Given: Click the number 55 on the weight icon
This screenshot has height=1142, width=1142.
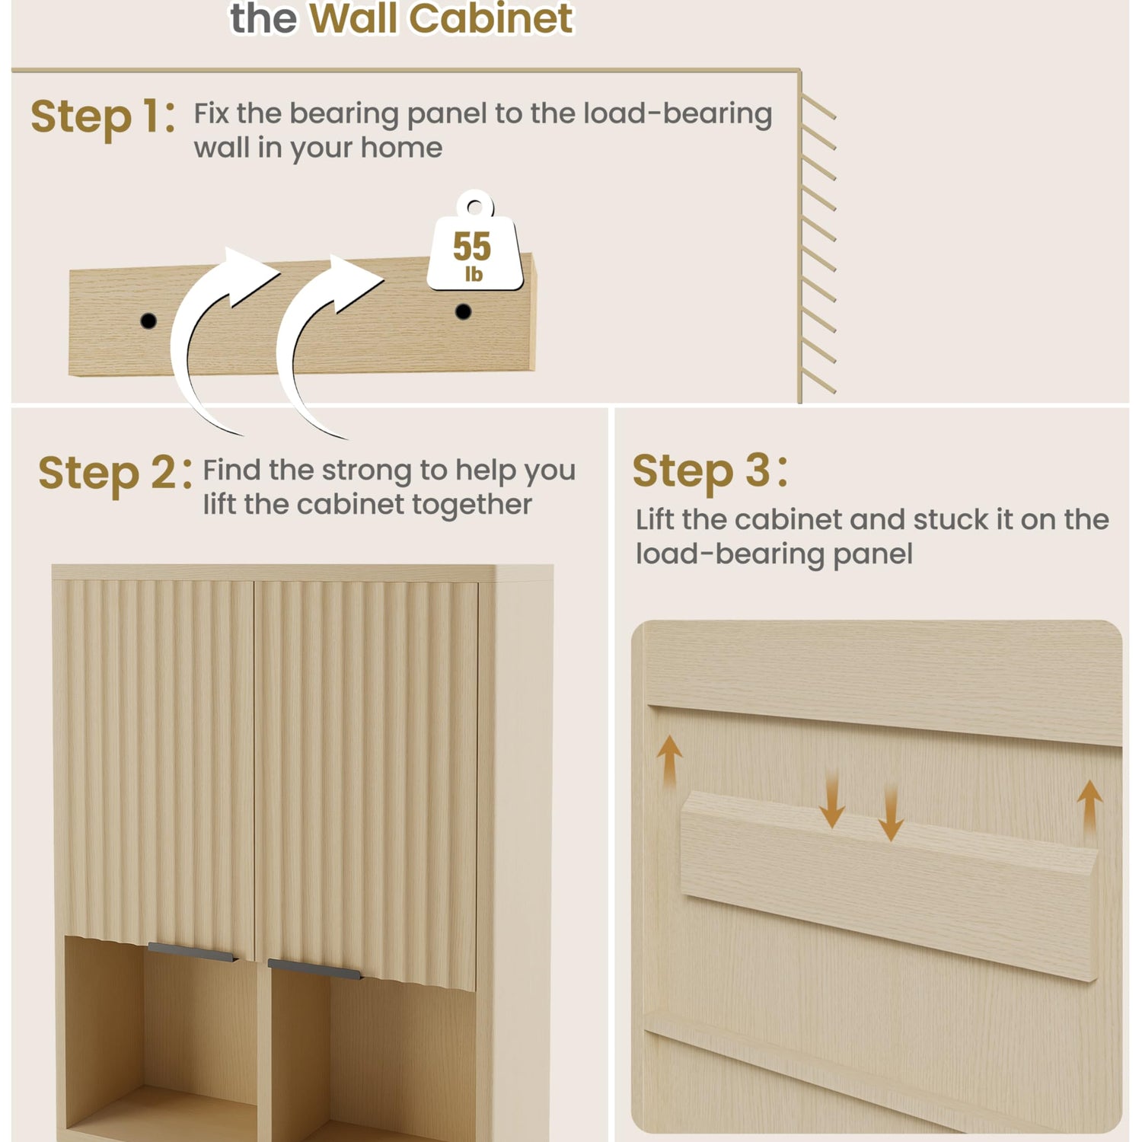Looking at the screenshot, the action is [472, 246].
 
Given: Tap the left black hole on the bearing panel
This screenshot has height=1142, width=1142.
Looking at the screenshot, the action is [148, 321].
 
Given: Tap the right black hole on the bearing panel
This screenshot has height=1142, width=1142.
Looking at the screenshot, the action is [463, 311].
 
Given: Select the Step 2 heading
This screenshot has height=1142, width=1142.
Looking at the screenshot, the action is [115, 474].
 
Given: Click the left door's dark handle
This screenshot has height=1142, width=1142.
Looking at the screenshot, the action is [193, 952].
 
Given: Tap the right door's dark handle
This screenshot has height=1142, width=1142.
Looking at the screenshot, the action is [315, 968].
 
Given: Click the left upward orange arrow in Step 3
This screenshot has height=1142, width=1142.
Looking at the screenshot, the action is [669, 760].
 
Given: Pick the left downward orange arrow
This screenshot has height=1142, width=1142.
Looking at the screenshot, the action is [832, 798].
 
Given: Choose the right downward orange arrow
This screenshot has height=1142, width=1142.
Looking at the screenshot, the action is [891, 812].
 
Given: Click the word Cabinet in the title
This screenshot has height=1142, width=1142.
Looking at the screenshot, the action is [491, 18].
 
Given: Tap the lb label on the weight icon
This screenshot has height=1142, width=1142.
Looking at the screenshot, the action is [474, 274].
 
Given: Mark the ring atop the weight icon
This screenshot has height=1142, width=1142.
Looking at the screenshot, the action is [475, 204].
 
